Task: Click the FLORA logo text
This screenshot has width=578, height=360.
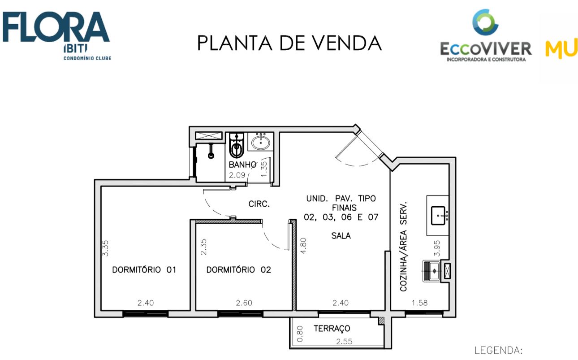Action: (x=56, y=27)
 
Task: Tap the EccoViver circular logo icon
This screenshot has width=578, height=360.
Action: (x=485, y=22)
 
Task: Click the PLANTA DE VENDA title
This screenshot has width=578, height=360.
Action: (x=289, y=43)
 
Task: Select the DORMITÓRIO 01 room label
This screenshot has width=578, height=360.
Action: (x=144, y=269)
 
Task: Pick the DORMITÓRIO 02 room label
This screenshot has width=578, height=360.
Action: (x=238, y=269)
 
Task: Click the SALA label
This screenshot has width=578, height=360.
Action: (x=341, y=235)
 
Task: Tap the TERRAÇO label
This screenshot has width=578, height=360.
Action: (x=332, y=329)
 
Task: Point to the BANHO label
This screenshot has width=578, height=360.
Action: (x=242, y=165)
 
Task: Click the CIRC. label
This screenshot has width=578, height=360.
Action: (x=259, y=204)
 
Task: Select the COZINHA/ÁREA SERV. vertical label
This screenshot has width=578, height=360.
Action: (x=403, y=247)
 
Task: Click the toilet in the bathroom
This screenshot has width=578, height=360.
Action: (x=237, y=145)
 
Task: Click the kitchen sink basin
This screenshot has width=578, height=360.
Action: (x=438, y=216)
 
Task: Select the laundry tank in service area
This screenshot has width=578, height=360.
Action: (x=431, y=271)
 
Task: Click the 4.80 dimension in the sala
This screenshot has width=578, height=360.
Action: (x=303, y=246)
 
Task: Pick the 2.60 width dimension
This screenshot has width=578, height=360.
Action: (x=244, y=303)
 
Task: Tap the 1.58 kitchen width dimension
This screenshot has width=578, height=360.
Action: (x=419, y=303)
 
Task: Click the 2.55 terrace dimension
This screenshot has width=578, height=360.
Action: (x=344, y=342)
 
